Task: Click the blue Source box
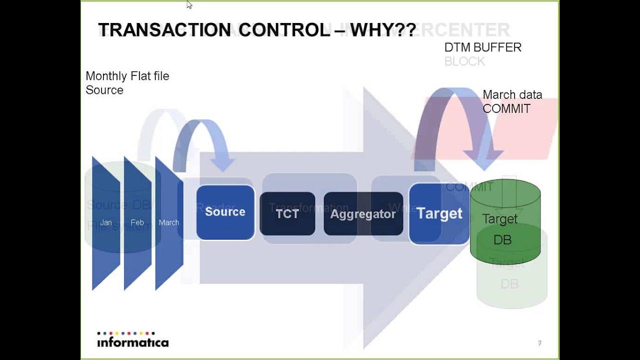(x=225, y=212)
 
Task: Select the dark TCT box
(x=287, y=214)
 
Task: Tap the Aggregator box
(x=363, y=214)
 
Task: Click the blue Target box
(x=439, y=213)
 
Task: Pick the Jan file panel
(x=106, y=223)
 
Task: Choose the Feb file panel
(x=137, y=223)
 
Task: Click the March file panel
(x=169, y=223)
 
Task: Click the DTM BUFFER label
(x=482, y=47)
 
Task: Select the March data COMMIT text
(x=511, y=102)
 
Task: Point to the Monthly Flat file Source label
(x=127, y=83)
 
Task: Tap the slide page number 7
(x=539, y=343)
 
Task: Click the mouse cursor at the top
(x=189, y=5)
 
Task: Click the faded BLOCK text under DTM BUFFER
(x=464, y=61)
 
